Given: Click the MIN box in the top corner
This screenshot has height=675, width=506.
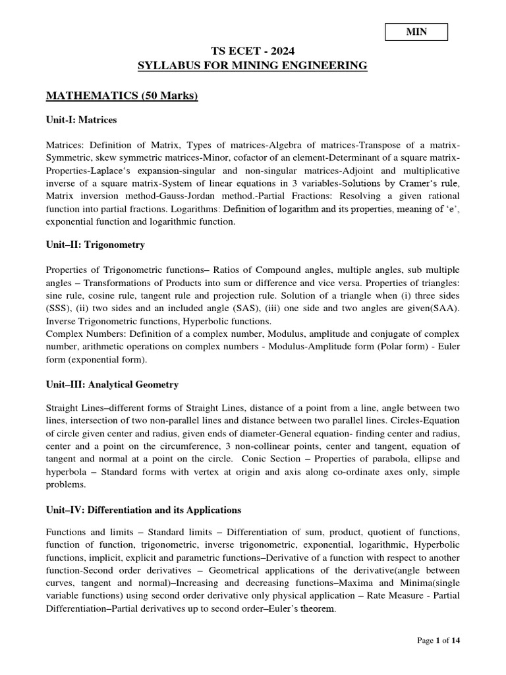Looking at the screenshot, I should pyautogui.click(x=417, y=32).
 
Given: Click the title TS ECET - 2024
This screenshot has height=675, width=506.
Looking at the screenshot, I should pyautogui.click(x=252, y=51).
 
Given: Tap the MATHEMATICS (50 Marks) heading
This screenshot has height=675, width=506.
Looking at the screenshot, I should pyautogui.click(x=121, y=96).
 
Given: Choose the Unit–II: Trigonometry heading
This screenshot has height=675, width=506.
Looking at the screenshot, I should pyautogui.click(x=95, y=245).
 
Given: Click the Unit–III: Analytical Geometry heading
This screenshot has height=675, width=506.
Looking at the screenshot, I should pyautogui.click(x=112, y=384).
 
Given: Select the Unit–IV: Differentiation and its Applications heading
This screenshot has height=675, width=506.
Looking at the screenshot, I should pyautogui.click(x=144, y=510).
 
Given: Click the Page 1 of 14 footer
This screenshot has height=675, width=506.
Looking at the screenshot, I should pyautogui.click(x=438, y=640).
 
